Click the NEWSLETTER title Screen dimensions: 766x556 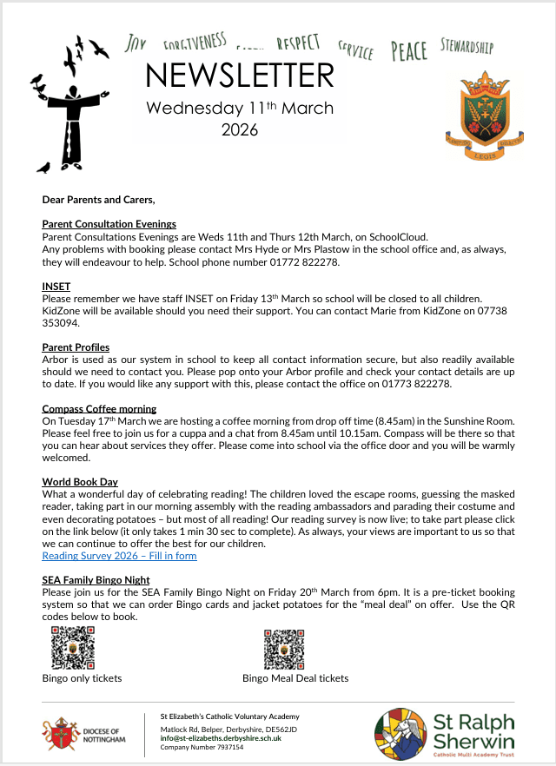tap(239, 76)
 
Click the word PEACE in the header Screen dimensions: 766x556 tap(408, 51)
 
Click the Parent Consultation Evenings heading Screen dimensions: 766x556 tap(109, 224)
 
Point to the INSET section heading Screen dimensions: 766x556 tap(56, 286)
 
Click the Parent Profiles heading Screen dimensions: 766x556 tap(76, 347)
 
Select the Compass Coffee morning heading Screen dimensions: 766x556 tap(99, 408)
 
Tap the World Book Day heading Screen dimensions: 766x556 tap(80, 482)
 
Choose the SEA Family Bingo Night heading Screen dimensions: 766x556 tap(96, 580)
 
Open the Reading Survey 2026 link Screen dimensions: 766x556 tap(119, 556)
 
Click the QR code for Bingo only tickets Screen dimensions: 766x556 tap(73, 648)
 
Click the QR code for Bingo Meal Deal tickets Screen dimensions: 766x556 tap(285, 648)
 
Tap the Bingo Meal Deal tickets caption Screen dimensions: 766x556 tap(295, 678)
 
